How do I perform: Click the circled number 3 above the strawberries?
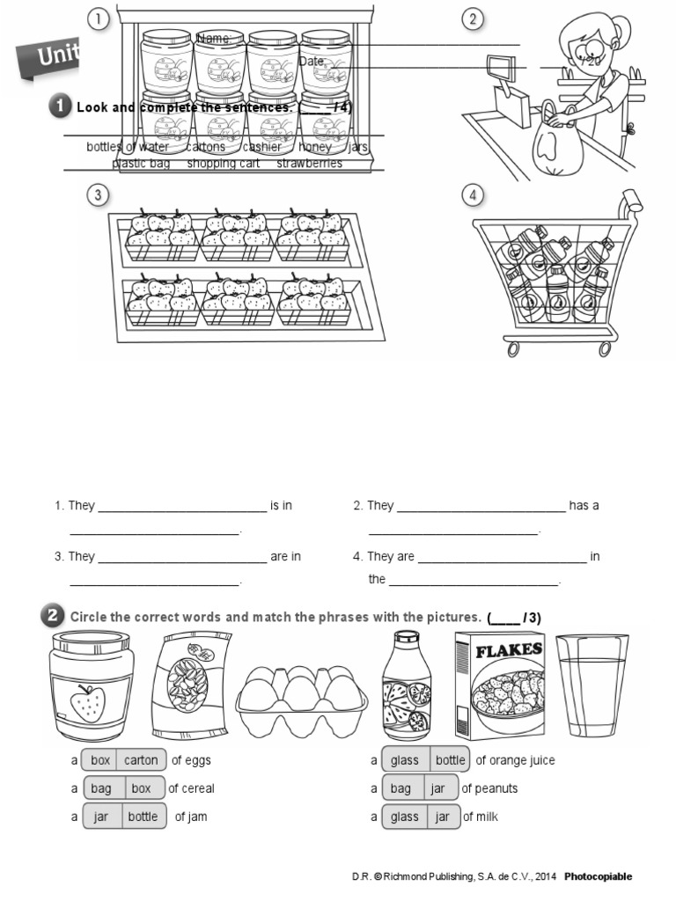point(98,194)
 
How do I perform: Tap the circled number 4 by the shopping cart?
point(474,194)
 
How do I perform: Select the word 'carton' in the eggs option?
point(141,760)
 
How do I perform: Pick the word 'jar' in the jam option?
point(101,817)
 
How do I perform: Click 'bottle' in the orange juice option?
point(450,760)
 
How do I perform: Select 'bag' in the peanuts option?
point(400,788)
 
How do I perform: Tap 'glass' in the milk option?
point(405,817)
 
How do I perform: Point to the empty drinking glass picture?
point(592,685)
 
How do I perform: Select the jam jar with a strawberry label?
point(86,686)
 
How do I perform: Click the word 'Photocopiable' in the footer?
point(599,876)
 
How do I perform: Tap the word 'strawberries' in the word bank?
point(309,164)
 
